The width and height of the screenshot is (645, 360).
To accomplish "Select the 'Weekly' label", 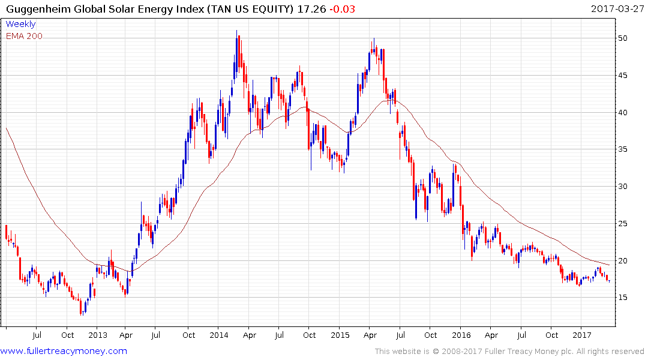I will click(20, 24).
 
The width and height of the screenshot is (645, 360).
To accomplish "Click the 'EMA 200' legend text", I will click(24, 36).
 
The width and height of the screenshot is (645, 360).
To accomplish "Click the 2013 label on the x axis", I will click(97, 335).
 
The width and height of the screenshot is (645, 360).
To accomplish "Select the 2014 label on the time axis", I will click(218, 335).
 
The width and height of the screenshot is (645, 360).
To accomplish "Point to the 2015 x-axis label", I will click(340, 335).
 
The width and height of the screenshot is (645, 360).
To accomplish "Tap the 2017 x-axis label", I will click(581, 335).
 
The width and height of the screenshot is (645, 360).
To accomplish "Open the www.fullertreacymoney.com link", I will click(64, 351).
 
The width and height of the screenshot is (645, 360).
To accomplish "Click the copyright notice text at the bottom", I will click(509, 351).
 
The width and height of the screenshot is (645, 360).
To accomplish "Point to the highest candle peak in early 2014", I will click(236, 31).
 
